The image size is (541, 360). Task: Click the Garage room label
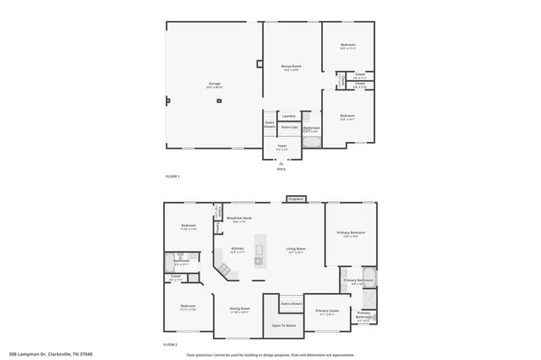pos(215,84)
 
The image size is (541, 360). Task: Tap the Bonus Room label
pos(291,66)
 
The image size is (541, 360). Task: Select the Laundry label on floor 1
pos(288,116)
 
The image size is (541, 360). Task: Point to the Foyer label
pos(281,146)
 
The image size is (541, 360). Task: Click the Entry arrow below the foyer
pos(281,164)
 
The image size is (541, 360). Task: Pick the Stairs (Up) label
pos(289,127)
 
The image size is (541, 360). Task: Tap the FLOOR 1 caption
pos(172,175)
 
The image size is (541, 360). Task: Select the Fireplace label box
pos(295,199)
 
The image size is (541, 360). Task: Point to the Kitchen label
pos(238,248)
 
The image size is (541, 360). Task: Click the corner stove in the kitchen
pos(226,269)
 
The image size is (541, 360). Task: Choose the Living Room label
pos(295,248)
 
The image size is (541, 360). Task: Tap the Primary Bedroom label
pos(351,232)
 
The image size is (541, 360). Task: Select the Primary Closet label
pos(327,311)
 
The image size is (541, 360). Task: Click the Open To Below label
pos(283,325)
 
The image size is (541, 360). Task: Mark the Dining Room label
pos(240,308)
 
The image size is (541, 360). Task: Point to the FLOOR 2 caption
pos(172,345)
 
